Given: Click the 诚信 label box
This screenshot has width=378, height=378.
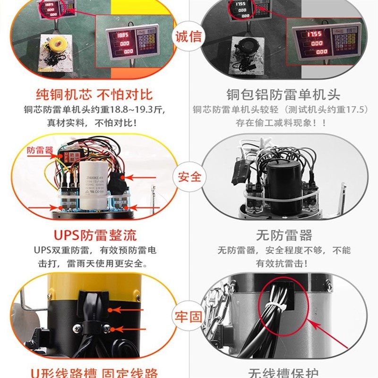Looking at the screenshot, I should click(189, 36).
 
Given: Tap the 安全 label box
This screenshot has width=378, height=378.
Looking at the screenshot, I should click(189, 177).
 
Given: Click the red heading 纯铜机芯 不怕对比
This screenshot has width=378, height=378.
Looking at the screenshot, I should click(94, 94).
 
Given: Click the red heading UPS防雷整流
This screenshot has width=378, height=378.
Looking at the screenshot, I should click(94, 235).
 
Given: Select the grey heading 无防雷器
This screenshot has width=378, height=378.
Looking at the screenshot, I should click(284, 235).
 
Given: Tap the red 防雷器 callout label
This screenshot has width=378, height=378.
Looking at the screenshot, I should click(40, 151).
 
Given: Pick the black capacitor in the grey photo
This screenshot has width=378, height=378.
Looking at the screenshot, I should click(282, 182).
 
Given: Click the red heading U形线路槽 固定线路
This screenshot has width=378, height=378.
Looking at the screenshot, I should click(94, 372).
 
